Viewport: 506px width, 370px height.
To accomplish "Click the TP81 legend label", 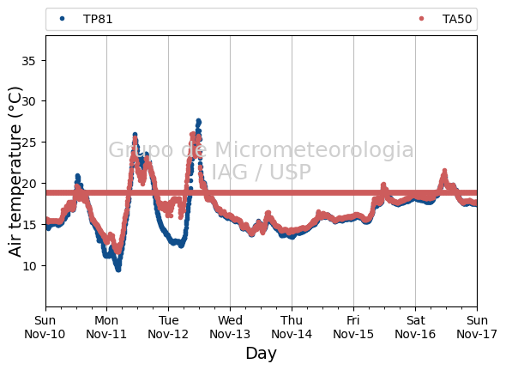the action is coord(98,19).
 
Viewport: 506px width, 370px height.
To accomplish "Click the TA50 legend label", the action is coord(457,19).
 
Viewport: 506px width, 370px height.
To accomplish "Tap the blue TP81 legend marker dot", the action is coord(63,19).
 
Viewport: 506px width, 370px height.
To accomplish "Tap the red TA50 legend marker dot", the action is coord(421,19).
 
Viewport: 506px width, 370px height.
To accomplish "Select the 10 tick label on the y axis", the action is coord(29,265).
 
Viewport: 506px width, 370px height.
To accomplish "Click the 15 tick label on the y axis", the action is coord(29,225).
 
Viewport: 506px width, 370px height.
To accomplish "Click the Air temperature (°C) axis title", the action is coord(15,172).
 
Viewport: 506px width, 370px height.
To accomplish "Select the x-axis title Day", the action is coord(261,354).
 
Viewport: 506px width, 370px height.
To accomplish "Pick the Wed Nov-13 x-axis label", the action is coord(230,327).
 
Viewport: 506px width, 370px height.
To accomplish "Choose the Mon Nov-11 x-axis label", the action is coord(106,327).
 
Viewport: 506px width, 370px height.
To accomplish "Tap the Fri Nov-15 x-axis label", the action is coord(353,327).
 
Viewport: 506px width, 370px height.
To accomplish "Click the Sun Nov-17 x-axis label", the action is coord(477,327).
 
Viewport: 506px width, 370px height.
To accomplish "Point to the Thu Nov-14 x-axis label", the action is coord(292,327).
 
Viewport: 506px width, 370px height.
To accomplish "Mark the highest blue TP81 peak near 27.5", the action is coord(198,121).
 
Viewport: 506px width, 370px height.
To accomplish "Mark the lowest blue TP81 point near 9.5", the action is coord(118,270).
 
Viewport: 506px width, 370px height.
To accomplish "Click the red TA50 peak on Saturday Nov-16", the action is coord(444,171).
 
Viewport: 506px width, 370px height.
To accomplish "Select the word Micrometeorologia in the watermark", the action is coord(314,149).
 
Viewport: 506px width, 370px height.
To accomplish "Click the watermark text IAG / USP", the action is coord(261,172).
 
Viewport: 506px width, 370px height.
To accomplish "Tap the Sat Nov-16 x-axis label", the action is coord(415,327).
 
